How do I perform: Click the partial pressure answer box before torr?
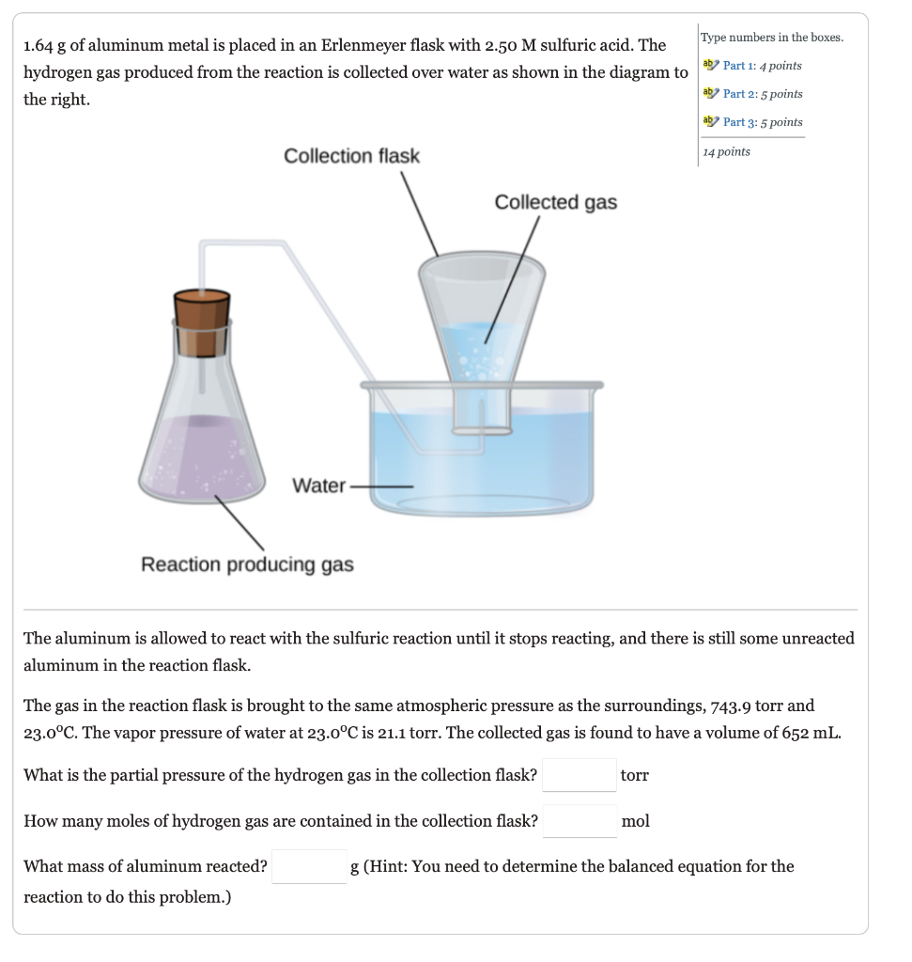[580, 775]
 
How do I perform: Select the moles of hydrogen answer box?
[580, 821]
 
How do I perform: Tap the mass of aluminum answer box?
[309, 866]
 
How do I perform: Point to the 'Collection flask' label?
[351, 156]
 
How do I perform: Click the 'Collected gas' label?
[555, 203]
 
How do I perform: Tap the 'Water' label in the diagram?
[318, 486]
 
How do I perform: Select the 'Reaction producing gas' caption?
[247, 565]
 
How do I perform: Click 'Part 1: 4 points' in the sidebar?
[762, 66]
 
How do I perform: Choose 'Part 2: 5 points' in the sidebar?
[762, 94]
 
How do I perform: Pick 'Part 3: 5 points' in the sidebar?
[762, 122]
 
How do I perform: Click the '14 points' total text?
[727, 152]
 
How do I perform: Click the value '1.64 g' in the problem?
[47, 45]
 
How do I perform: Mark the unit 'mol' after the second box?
[635, 821]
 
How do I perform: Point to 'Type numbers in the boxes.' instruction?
[771, 38]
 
